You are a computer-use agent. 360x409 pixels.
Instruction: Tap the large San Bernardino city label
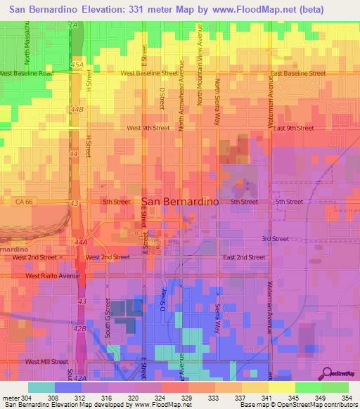[181, 201]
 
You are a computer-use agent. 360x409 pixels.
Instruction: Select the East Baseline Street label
[297, 73]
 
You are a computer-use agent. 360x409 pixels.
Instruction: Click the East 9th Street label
[294, 128]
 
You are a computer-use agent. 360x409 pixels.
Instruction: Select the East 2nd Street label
[244, 257]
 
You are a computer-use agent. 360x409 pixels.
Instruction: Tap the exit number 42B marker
[80, 328]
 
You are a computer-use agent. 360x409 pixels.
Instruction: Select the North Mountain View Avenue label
[200, 73]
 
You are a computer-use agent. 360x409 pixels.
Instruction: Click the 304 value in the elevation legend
[20, 397]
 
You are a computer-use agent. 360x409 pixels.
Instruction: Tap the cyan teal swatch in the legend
[41, 387]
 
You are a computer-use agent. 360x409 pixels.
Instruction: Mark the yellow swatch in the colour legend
[281, 387]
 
